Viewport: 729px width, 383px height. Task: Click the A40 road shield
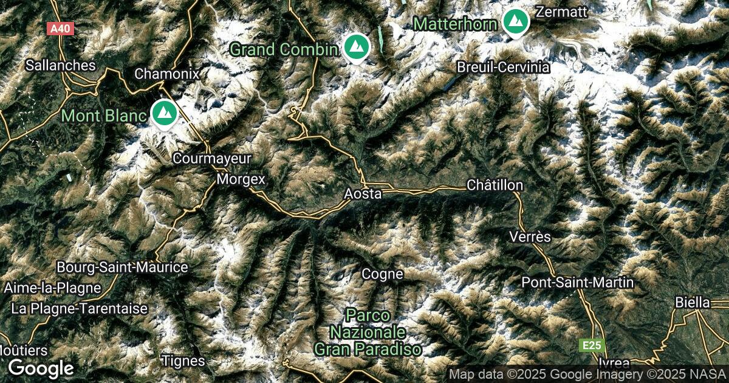pyautogui.click(x=60, y=28)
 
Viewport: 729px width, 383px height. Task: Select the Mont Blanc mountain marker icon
pyautogui.click(x=163, y=113)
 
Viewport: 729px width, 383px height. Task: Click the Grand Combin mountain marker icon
pyautogui.click(x=355, y=47)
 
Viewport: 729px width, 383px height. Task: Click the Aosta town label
pyautogui.click(x=363, y=194)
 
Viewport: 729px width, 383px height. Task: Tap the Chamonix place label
pyautogui.click(x=167, y=74)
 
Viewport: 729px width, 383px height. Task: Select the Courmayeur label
pyautogui.click(x=212, y=159)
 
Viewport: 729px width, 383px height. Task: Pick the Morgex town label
pyautogui.click(x=242, y=179)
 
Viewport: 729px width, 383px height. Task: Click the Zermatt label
pyautogui.click(x=562, y=11)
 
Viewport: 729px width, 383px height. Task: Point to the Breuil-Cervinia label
pyautogui.click(x=504, y=67)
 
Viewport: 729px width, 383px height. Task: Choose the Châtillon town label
pyautogui.click(x=495, y=185)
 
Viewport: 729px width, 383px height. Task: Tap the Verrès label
pyautogui.click(x=530, y=236)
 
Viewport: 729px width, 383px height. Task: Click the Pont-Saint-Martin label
pyautogui.click(x=578, y=283)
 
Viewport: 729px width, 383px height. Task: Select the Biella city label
pyautogui.click(x=693, y=302)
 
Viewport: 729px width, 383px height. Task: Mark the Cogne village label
pyautogui.click(x=382, y=274)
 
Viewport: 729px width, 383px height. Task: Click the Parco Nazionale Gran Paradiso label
pyautogui.click(x=368, y=333)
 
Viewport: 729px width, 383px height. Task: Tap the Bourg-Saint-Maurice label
pyautogui.click(x=122, y=267)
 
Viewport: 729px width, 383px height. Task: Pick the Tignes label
pyautogui.click(x=183, y=361)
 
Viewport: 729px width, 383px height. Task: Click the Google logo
pyautogui.click(x=41, y=368)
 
